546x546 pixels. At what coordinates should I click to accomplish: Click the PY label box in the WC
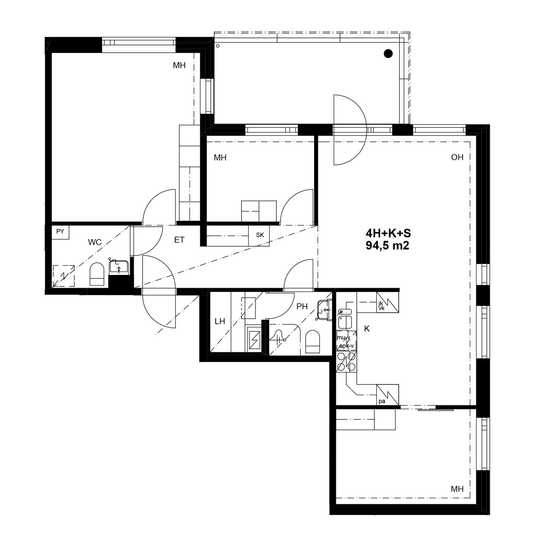pos(60,232)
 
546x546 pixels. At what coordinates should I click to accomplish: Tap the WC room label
pos(95,242)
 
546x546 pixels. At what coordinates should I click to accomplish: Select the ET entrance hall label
pos(179,240)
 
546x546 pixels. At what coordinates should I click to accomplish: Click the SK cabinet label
pos(260,235)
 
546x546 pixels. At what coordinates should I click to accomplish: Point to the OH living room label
pos(457,157)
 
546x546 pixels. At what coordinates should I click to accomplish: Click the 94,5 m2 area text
pos(388,246)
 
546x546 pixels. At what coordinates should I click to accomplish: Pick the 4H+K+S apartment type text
pos(388,234)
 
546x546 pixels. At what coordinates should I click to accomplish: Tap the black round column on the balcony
pos(388,53)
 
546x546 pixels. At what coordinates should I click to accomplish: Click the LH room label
pos(220,321)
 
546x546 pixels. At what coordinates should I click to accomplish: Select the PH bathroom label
pos(302,306)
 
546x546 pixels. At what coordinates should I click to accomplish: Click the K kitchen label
pos(367,329)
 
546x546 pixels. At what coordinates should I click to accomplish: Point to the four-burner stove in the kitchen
pos(346,362)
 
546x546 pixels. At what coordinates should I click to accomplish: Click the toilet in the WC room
pos(97,274)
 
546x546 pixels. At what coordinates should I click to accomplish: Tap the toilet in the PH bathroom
pos(313,342)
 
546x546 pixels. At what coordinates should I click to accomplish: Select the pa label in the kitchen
pos(382,401)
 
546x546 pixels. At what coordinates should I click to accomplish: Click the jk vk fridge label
pos(381,306)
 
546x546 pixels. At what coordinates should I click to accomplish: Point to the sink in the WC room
pos(119,267)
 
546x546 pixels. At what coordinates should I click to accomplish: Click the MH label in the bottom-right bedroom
pos(457,489)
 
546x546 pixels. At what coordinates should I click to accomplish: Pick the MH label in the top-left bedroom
pos(179,66)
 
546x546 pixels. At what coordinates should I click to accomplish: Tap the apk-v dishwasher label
pos(346,346)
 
